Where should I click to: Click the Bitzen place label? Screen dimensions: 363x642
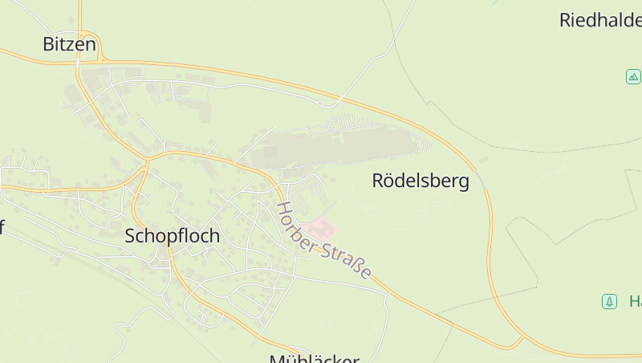point(69,45)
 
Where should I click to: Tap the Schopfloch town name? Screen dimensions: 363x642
point(172,237)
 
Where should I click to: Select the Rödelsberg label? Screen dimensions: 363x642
point(421,181)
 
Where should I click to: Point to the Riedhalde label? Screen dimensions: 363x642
point(600,20)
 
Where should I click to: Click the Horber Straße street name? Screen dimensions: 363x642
point(323,240)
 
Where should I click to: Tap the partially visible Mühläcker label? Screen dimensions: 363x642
point(314,358)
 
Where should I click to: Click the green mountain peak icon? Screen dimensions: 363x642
point(633,77)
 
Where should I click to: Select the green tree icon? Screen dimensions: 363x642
point(609,302)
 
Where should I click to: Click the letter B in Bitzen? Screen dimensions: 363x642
point(48,45)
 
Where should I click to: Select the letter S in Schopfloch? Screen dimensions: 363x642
point(131,237)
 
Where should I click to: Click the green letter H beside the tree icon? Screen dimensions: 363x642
point(635,302)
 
